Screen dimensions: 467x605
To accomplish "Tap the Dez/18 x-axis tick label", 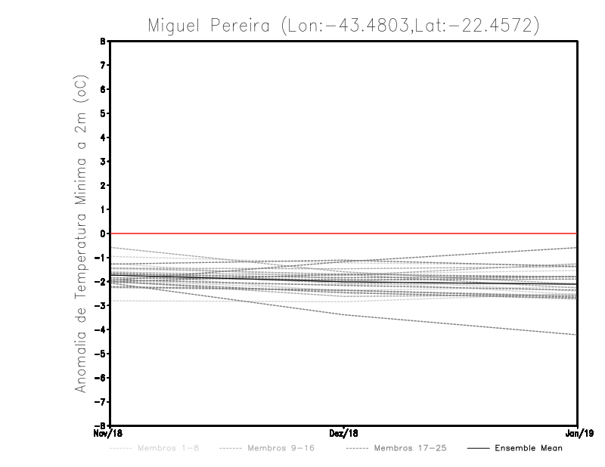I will click(x=344, y=433).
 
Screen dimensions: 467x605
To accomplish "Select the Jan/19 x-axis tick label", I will click(x=578, y=433).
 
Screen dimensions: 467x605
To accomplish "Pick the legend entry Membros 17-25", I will click(x=411, y=448).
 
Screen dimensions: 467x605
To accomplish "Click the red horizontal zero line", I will click(x=344, y=233).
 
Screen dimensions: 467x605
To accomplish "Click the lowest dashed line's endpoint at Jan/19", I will click(x=577, y=335).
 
